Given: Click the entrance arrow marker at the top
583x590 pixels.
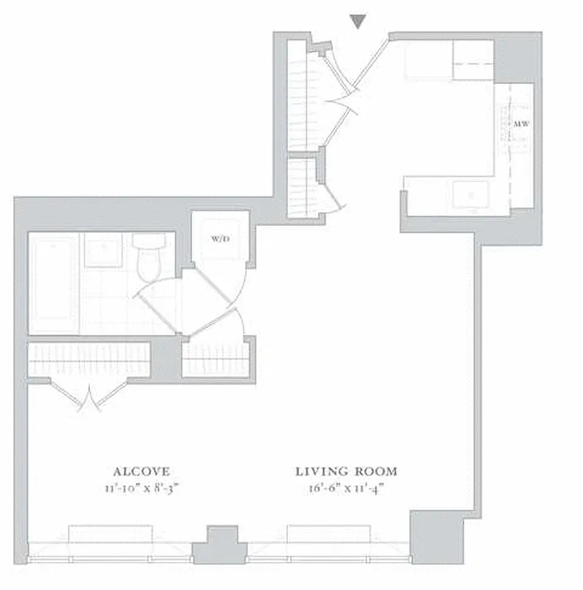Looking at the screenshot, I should (x=358, y=22).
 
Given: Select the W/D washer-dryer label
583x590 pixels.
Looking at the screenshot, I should (x=219, y=239).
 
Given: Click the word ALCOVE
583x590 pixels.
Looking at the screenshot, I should (x=142, y=471).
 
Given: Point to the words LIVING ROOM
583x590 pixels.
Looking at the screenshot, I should (x=346, y=471).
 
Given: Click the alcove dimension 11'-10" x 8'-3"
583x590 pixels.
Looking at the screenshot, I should (x=142, y=487).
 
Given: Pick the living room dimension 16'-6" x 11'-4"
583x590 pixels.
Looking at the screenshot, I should (x=346, y=487).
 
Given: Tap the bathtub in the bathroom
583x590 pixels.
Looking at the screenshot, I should (x=52, y=283).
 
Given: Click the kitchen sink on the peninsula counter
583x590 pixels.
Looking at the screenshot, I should (x=470, y=195).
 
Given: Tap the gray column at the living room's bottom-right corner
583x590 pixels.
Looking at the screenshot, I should (x=436, y=537).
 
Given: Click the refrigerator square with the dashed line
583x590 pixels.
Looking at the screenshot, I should (x=473, y=59).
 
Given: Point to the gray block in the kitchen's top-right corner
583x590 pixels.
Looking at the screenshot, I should (x=517, y=56).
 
